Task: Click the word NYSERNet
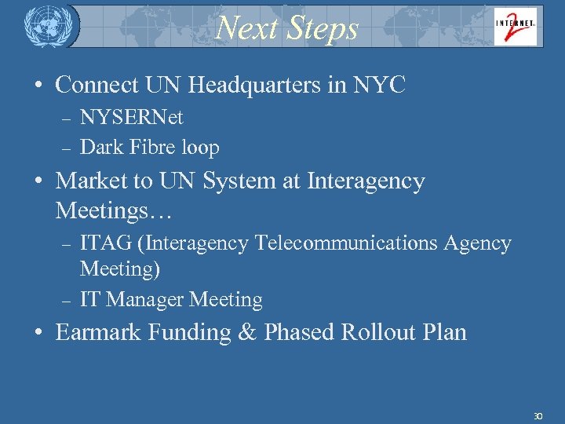coord(131,118)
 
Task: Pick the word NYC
coord(380,85)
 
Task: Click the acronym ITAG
coord(106,243)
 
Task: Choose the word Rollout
coord(379,332)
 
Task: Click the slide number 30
coord(538,415)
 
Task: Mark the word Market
coord(93,181)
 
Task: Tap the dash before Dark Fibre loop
coord(67,148)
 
